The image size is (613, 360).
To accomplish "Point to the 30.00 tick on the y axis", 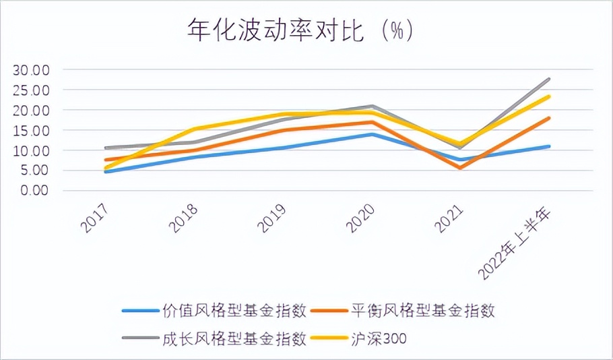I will [x=32, y=70].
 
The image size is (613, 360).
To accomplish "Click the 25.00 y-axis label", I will [x=32, y=90].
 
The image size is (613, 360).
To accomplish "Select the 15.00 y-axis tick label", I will [x=32, y=130].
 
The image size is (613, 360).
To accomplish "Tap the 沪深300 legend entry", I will [x=380, y=338].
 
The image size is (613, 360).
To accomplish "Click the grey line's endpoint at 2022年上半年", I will [x=549, y=80].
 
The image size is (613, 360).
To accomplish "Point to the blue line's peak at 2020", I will [x=372, y=134].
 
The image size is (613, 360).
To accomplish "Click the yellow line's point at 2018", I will [x=194, y=129].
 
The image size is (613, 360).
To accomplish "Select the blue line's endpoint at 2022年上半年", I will [x=549, y=146].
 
